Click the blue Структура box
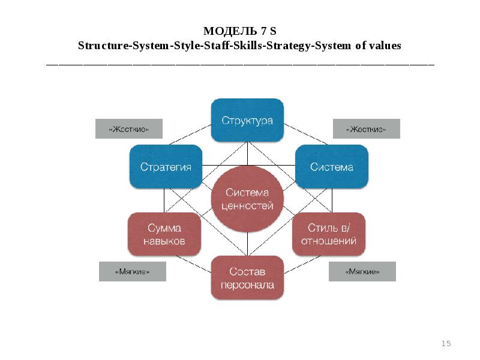click(247, 121)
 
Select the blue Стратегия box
click(166, 167)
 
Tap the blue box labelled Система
click(331, 167)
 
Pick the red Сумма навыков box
click(164, 234)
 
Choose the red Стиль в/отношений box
click(328, 234)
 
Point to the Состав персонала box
click(247, 278)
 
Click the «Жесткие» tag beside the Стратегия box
click(129, 129)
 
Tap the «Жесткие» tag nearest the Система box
click(366, 129)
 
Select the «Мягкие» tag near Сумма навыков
click(132, 272)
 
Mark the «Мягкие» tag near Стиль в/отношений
click(362, 272)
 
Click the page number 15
click(446, 344)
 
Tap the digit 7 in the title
click(265, 31)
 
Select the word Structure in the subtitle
click(100, 46)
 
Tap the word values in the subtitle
click(386, 46)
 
